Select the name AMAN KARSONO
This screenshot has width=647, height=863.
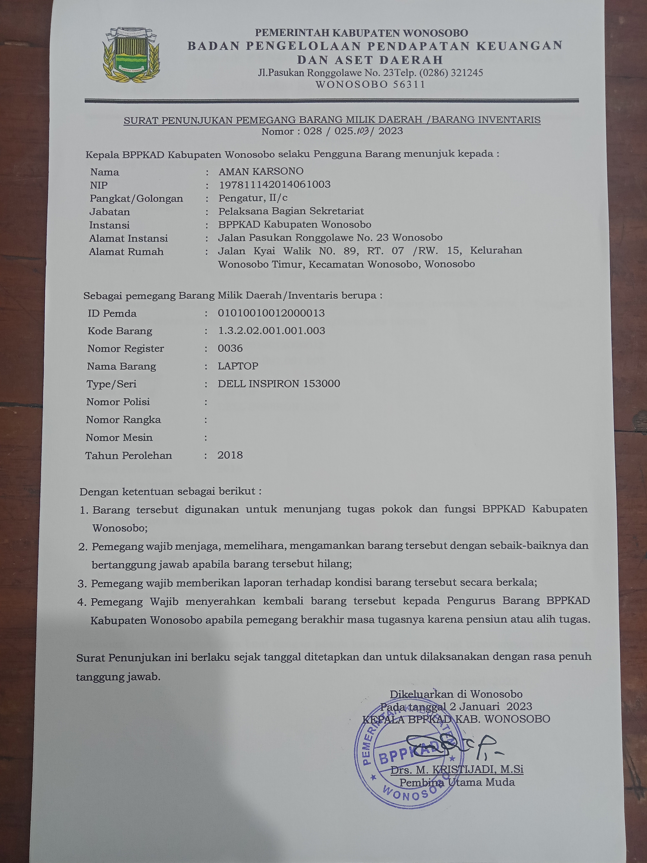tap(261, 171)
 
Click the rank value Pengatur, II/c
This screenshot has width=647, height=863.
tap(253, 198)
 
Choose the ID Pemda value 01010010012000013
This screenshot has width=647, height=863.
tap(271, 313)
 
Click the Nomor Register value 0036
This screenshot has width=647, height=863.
tap(230, 348)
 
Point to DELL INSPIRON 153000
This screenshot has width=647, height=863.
tap(279, 384)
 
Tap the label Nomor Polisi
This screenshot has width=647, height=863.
tap(118, 402)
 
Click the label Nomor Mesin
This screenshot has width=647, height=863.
tap(119, 437)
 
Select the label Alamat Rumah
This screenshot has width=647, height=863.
tap(126, 252)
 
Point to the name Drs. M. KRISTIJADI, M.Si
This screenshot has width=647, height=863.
tap(457, 769)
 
